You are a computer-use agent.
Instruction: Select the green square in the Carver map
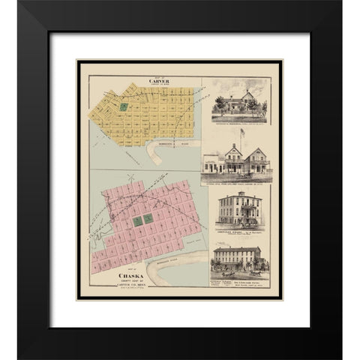[124, 107]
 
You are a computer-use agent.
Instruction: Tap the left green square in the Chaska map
[136, 221]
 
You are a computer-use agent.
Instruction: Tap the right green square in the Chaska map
[148, 218]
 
